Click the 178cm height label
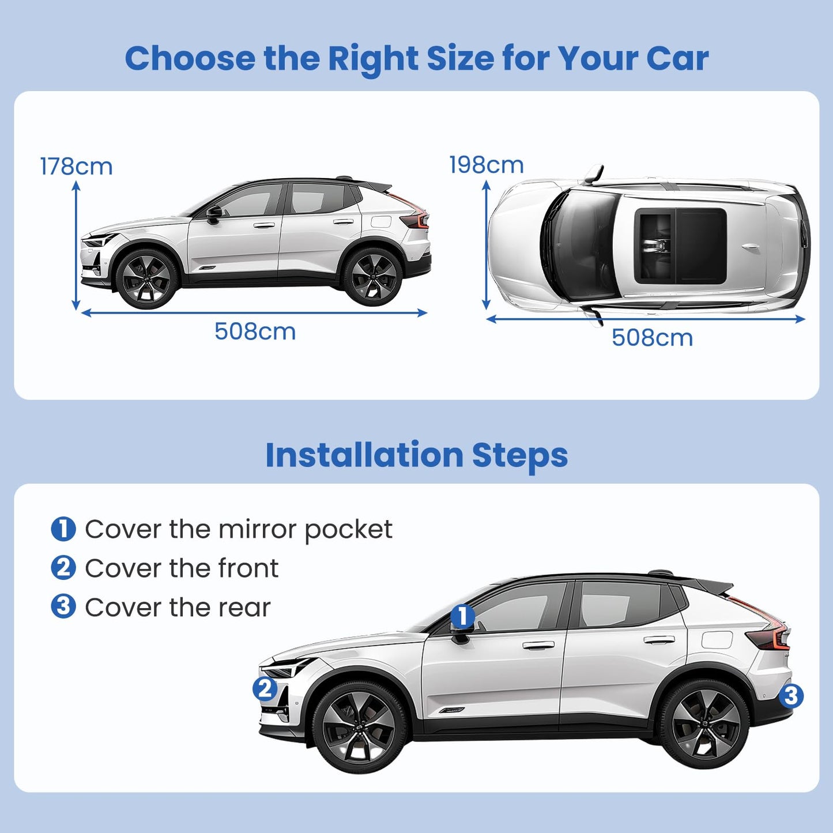[x=76, y=167]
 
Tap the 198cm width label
[x=486, y=165]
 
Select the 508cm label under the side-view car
[x=255, y=331]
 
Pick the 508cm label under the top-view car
[x=652, y=338]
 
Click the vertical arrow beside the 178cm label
[x=76, y=245]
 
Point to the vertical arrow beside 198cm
[x=486, y=245]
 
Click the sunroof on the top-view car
[x=680, y=245]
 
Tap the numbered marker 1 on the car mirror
[x=462, y=616]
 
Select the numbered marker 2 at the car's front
[x=265, y=689]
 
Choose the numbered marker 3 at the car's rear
[x=791, y=696]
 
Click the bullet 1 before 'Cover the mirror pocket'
[x=63, y=529]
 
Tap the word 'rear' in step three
[x=244, y=608]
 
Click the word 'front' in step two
[x=248, y=568]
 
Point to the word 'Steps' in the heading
[x=519, y=455]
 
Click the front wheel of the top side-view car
[x=146, y=279]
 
